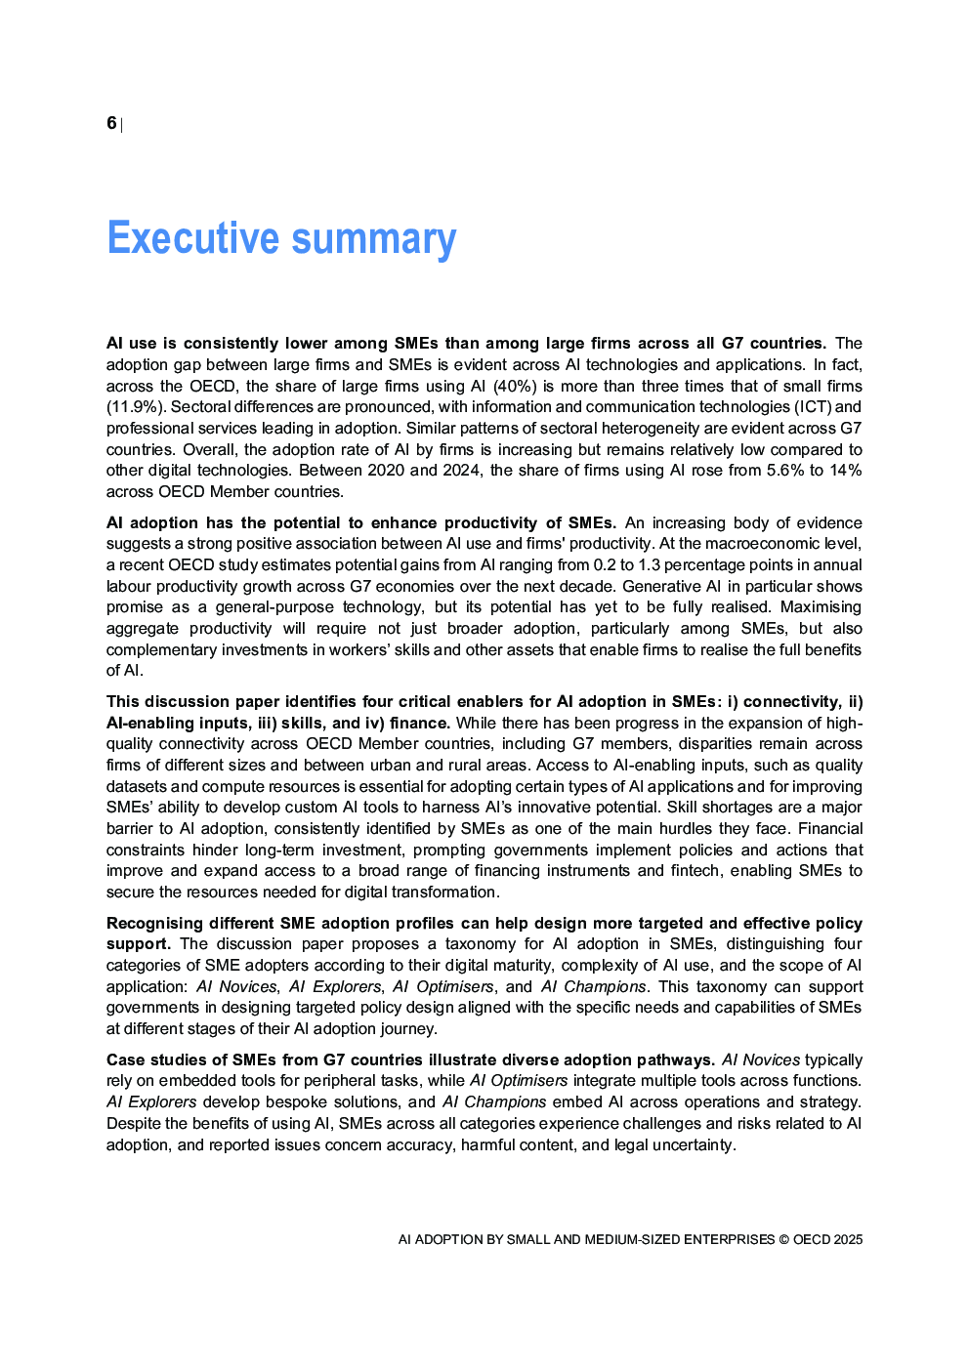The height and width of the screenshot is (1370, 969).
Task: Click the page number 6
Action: tap(111, 123)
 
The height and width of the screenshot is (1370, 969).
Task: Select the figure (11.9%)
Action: tap(135, 407)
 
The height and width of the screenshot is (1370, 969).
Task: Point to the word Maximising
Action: tap(822, 607)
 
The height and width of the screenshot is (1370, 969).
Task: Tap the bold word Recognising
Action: tap(154, 924)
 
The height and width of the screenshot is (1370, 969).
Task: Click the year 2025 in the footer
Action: tap(848, 1240)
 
